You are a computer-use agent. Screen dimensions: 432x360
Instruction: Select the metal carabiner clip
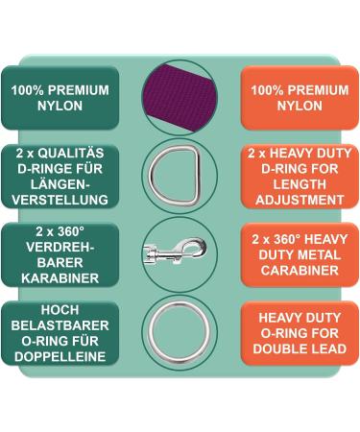pyautogui.click(x=179, y=253)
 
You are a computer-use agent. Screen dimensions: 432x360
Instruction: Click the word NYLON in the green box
pyautogui.click(x=60, y=107)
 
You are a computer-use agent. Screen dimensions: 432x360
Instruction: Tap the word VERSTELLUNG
pyautogui.click(x=60, y=201)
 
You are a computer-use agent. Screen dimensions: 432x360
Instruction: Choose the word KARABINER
pyautogui.click(x=60, y=278)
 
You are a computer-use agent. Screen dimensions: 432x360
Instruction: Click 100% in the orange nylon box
pyautogui.click(x=268, y=91)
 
